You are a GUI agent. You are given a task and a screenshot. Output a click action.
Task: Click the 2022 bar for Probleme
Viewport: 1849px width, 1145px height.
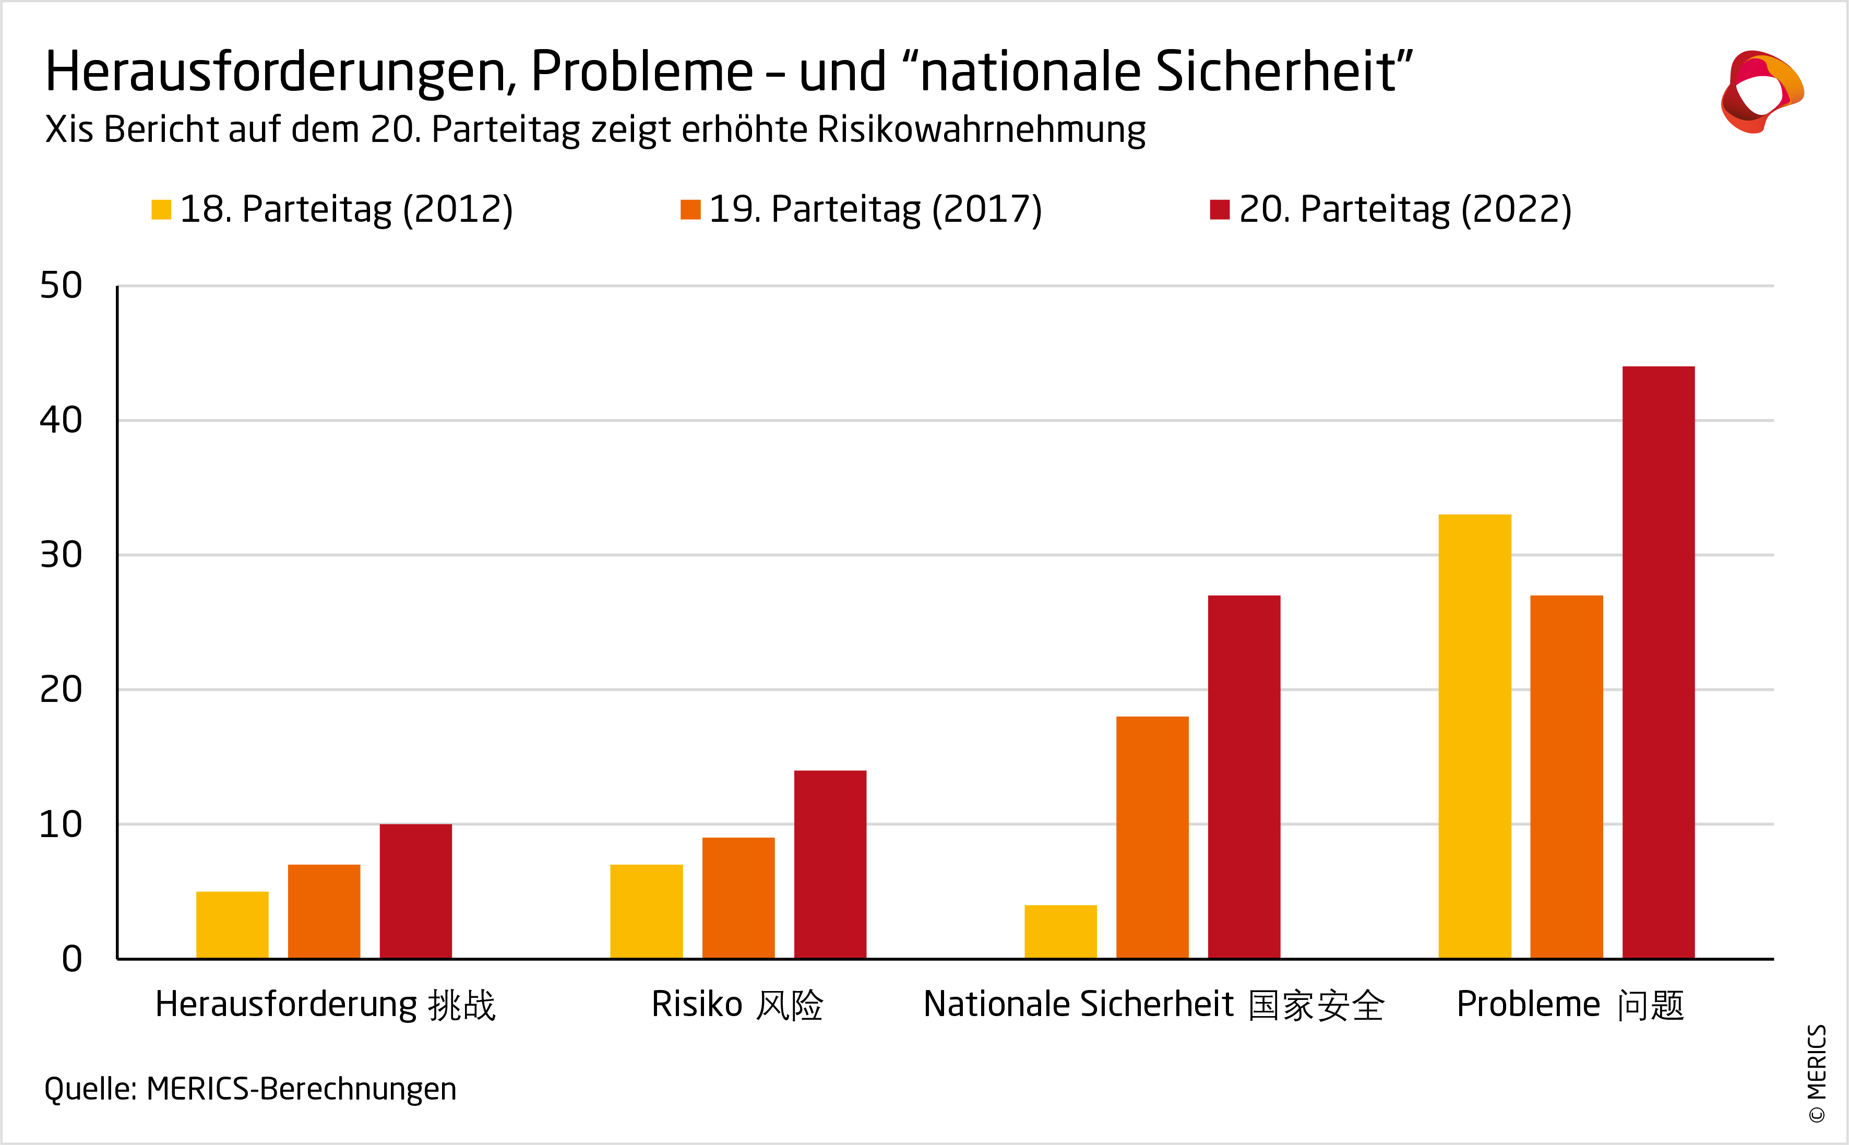pyautogui.click(x=1658, y=663)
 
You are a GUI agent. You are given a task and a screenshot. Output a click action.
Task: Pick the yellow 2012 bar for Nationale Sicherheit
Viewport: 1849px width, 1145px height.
pyautogui.click(x=1060, y=932)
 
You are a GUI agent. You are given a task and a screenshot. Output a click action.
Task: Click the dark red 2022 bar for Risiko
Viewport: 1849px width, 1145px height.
pyautogui.click(x=830, y=865)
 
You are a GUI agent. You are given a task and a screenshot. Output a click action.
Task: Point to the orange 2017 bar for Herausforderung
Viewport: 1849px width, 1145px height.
pyautogui.click(x=324, y=912)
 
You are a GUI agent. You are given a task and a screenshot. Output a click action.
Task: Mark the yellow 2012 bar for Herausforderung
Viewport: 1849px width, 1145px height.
pyautogui.click(x=232, y=925)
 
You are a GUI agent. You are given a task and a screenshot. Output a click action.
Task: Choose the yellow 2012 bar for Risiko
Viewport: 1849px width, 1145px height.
pyautogui.click(x=646, y=912)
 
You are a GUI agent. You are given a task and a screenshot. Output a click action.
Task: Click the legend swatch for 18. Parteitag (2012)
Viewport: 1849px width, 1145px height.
pyautogui.click(x=161, y=210)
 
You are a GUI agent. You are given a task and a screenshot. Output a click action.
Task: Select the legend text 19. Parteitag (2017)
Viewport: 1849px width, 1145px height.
pyautogui.click(x=875, y=210)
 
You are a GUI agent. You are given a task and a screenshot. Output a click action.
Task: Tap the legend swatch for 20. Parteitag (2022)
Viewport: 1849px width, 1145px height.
pyautogui.click(x=1220, y=210)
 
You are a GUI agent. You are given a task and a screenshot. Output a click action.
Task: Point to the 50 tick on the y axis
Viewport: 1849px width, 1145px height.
pyautogui.click(x=61, y=286)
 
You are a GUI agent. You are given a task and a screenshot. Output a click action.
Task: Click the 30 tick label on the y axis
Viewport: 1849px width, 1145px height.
pyautogui.click(x=61, y=555)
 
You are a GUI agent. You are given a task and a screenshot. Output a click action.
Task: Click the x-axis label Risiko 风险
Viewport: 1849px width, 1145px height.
pyautogui.click(x=737, y=1006)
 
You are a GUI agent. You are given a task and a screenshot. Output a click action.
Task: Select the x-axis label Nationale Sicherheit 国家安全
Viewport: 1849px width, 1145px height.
pyautogui.click(x=1153, y=1006)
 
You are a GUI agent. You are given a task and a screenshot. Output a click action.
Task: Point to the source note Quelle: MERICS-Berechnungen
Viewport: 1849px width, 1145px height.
pyautogui.click(x=250, y=1089)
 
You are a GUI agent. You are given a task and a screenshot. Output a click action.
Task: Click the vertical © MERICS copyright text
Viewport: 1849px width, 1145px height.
pyautogui.click(x=1817, y=1073)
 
